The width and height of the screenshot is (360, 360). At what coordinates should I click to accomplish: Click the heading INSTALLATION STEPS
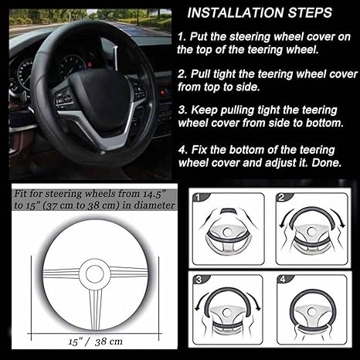[260, 12]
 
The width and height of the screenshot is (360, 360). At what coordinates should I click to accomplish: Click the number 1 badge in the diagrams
[198, 197]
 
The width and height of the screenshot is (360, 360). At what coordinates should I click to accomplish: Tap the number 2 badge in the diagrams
[281, 197]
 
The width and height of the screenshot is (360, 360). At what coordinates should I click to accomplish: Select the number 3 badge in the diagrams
[199, 280]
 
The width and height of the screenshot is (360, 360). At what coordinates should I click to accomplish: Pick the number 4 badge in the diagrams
[283, 279]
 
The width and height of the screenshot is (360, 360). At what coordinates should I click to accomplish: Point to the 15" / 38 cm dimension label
[96, 341]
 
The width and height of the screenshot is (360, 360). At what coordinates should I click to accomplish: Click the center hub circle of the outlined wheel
[95, 274]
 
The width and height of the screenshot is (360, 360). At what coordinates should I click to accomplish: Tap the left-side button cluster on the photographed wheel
[63, 97]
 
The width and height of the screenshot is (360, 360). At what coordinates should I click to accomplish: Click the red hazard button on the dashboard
[163, 92]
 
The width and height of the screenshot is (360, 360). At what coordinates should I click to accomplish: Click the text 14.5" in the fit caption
[155, 193]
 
